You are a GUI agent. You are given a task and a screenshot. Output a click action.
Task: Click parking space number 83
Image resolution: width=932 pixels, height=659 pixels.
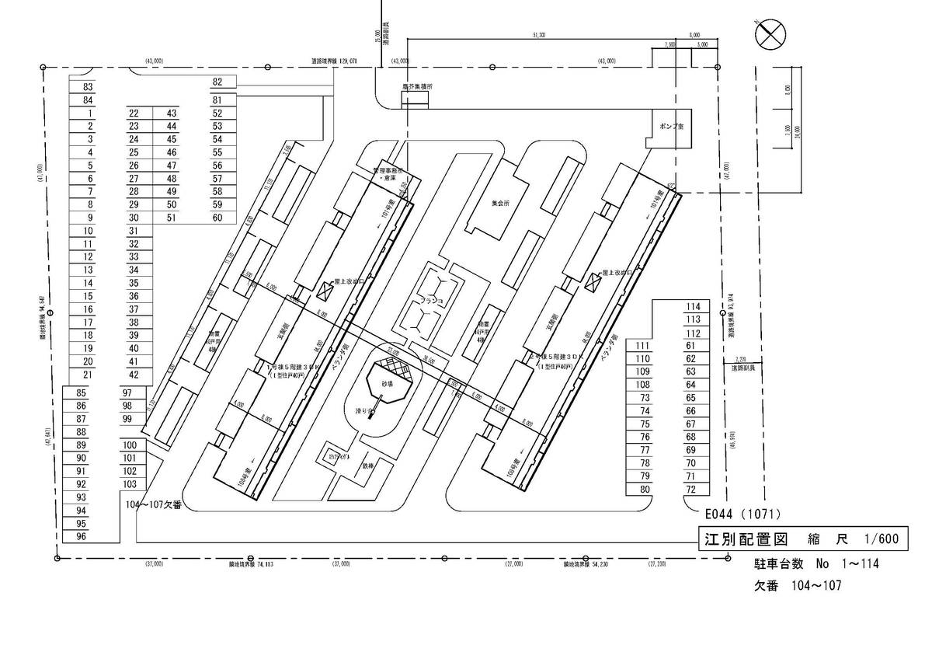coord(88,87)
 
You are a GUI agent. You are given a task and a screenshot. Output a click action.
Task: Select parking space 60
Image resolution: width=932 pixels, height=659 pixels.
coord(217,218)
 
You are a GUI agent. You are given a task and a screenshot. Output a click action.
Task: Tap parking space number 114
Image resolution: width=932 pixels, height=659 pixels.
coord(694,306)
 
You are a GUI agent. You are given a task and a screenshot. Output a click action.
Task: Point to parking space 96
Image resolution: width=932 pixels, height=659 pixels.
coord(81,536)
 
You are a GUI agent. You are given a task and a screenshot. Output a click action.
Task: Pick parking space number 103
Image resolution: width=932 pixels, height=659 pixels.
coord(130,484)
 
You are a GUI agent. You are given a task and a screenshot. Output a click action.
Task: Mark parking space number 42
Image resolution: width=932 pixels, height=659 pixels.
coord(134,375)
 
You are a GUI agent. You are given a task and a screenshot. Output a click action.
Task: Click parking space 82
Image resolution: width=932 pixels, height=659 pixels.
coord(217,82)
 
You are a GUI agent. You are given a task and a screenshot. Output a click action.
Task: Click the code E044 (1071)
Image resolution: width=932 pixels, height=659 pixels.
coord(742,514)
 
